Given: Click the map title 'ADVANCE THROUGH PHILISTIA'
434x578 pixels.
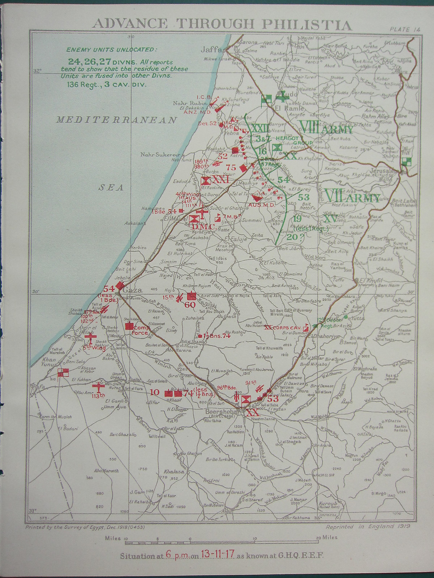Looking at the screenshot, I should tap(222, 24).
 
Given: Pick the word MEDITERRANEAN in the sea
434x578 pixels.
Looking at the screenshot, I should tap(116, 120).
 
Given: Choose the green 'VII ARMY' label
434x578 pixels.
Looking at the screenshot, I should tap(352, 197).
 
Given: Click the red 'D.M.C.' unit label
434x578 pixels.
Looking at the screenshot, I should tap(204, 227).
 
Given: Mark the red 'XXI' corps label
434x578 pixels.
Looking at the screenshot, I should tap(221, 179).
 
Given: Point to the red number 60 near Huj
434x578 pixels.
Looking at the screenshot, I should tap(190, 305).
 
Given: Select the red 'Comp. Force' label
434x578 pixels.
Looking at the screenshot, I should tap(140, 330).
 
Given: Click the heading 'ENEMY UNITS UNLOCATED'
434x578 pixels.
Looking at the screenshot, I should tap(112, 49).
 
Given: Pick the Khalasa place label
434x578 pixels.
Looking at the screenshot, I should tap(174, 471).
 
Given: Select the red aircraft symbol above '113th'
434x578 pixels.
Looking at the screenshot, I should tap(99, 386).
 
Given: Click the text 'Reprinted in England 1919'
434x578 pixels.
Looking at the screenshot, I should tap(368, 526).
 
